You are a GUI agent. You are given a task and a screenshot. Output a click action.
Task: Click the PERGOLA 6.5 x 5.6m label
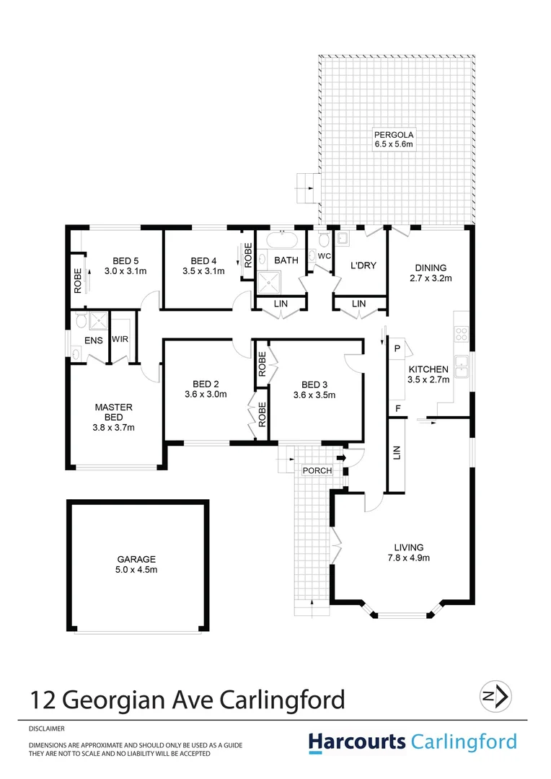(392, 139)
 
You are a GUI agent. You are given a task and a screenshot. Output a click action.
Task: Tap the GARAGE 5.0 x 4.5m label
(137, 564)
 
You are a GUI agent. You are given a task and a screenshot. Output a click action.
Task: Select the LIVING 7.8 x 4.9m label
(408, 552)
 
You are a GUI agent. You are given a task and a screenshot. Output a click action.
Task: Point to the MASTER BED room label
(114, 417)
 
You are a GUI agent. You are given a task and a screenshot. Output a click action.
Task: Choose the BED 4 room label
(204, 266)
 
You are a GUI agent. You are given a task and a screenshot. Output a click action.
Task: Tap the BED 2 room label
(206, 389)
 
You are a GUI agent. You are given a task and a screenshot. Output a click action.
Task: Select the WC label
(324, 256)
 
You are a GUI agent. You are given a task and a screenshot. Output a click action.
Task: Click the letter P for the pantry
(397, 348)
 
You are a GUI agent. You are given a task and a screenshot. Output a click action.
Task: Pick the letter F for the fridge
(397, 409)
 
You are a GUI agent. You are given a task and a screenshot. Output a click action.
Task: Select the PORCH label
(317, 471)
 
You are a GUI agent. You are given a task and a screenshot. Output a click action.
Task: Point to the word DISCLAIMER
(48, 729)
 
